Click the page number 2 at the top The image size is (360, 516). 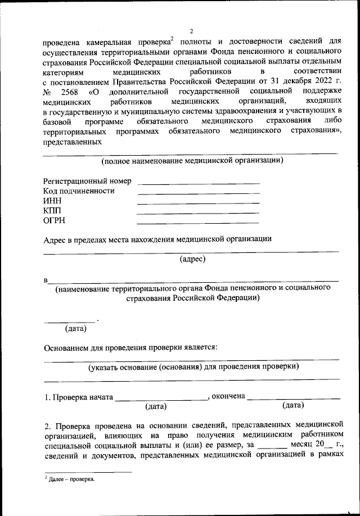[x=191, y=31]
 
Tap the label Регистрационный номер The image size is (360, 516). [x=87, y=181]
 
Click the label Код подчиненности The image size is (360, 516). [x=79, y=191]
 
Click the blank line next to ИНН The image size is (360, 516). [x=198, y=202]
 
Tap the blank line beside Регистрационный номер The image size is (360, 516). [x=198, y=183]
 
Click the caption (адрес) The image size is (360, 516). [x=192, y=259]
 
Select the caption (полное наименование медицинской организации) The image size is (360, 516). [x=192, y=161]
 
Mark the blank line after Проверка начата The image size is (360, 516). [x=161, y=399]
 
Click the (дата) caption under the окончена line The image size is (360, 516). [x=292, y=405]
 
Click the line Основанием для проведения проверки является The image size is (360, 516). [x=130, y=347]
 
